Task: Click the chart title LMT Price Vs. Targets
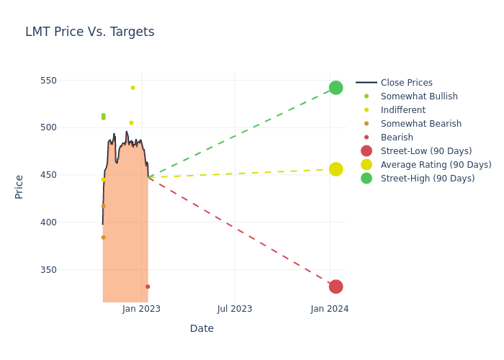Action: (x=90, y=32)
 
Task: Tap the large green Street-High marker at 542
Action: (x=336, y=88)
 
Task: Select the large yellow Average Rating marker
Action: (x=336, y=169)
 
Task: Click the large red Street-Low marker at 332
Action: (x=336, y=287)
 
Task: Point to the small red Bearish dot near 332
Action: (x=148, y=287)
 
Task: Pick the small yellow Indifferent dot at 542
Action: (x=132, y=88)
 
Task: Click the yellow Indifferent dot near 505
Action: (x=131, y=122)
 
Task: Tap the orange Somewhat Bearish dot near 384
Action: (x=103, y=238)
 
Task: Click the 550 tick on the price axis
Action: (x=68, y=80)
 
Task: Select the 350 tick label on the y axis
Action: (x=68, y=269)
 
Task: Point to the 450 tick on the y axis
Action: (x=68, y=175)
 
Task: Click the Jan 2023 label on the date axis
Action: (x=141, y=309)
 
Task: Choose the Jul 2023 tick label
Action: (x=235, y=309)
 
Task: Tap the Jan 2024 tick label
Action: (x=330, y=309)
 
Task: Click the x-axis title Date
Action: (x=202, y=328)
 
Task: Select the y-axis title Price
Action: (x=19, y=186)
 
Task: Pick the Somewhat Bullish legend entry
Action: (x=418, y=96)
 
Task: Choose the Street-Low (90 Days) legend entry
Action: (x=426, y=151)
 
